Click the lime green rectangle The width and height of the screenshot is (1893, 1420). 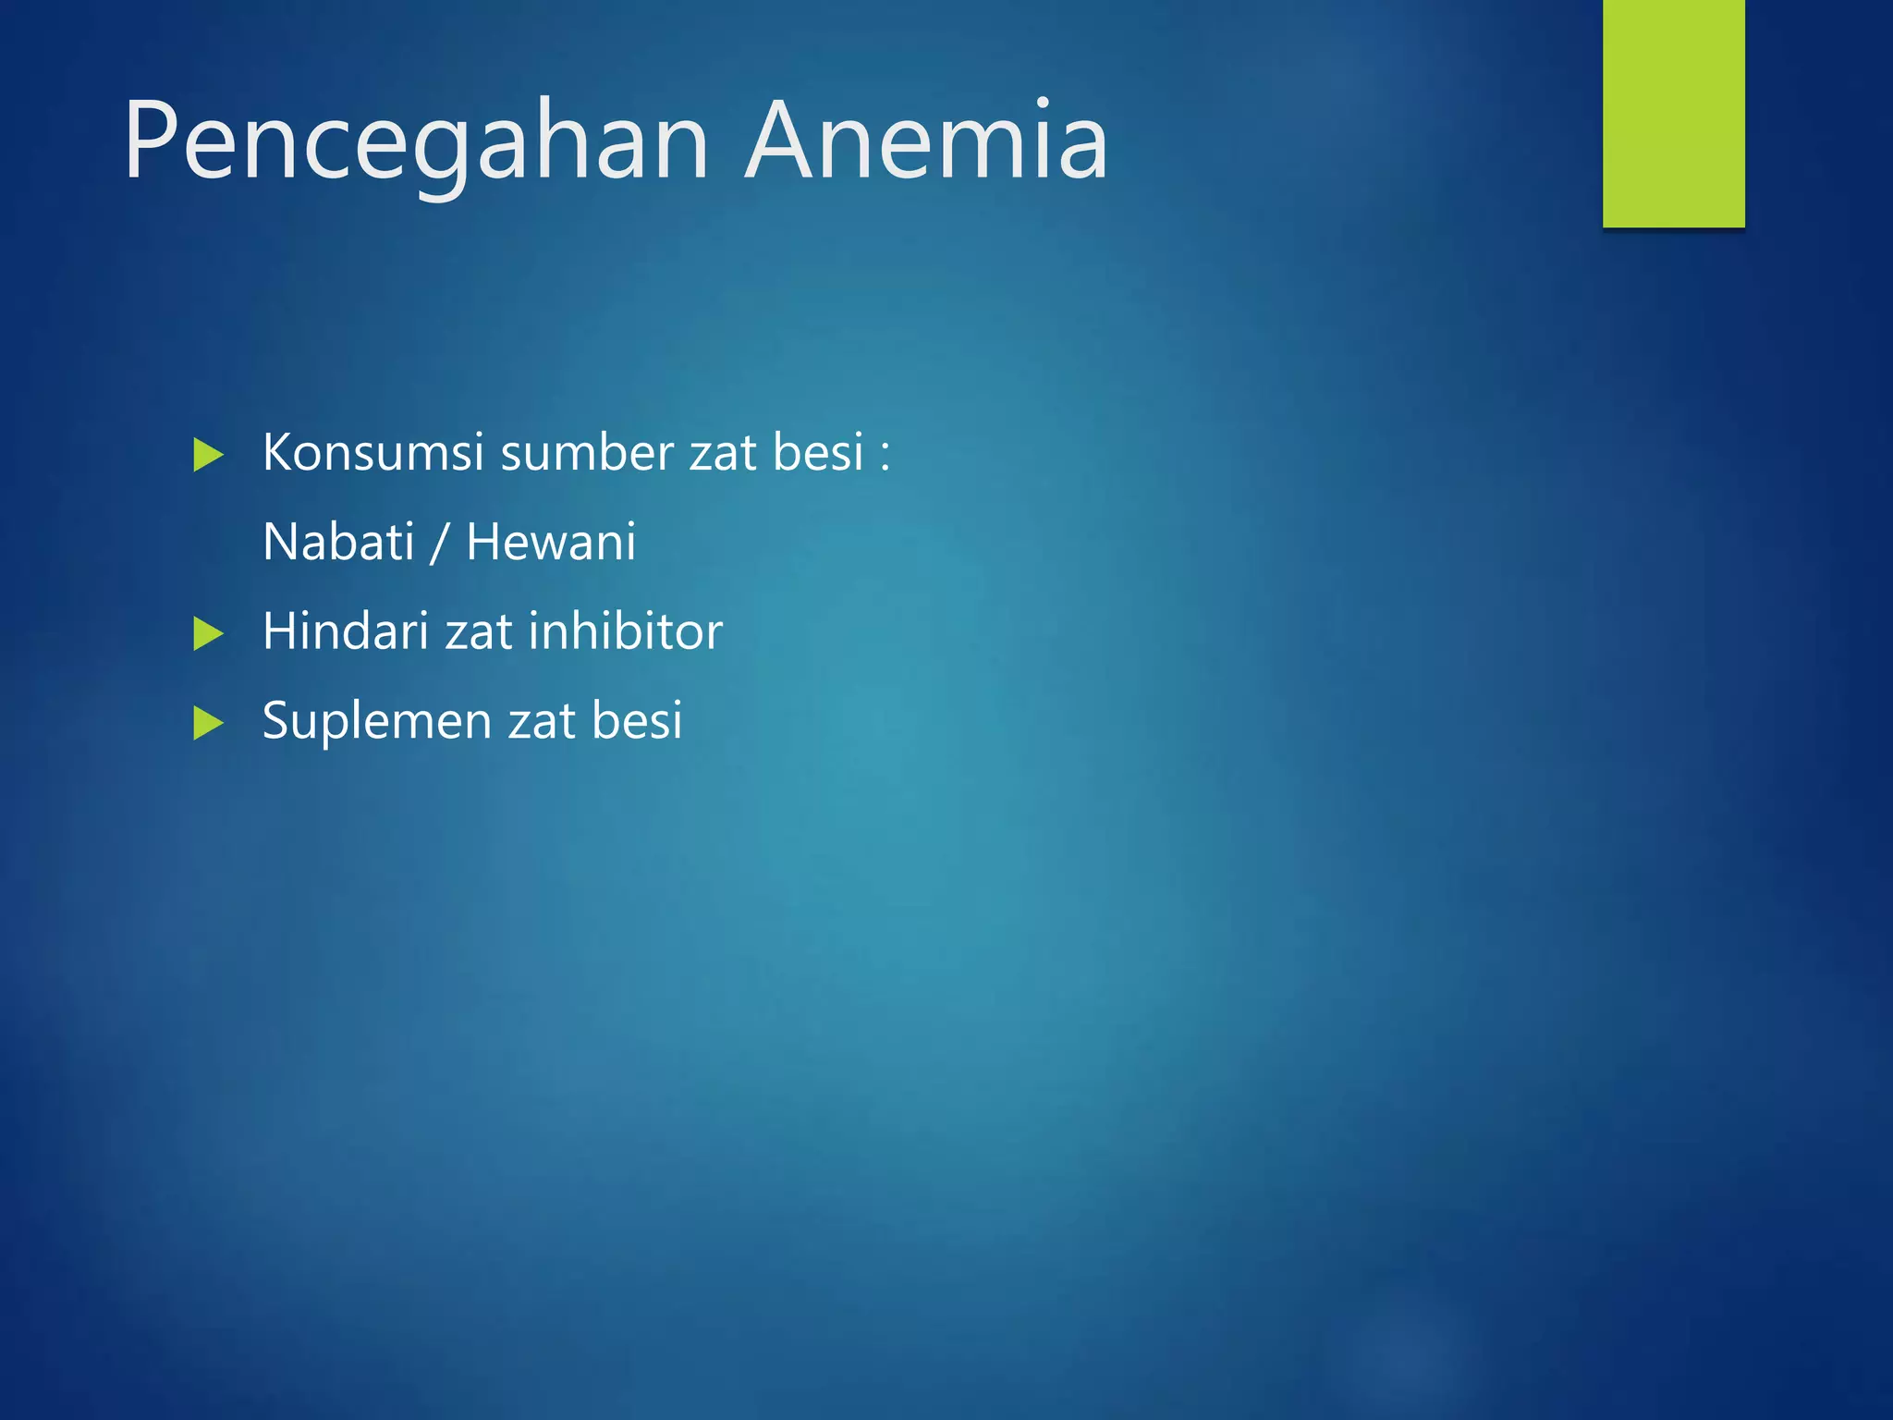coord(1673,113)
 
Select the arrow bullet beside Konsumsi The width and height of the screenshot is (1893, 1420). coord(208,455)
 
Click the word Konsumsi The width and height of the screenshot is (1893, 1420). coord(372,453)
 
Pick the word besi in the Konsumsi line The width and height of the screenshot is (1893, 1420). coord(818,453)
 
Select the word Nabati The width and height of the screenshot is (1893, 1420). coord(338,542)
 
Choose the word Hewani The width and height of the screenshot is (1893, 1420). coord(551,542)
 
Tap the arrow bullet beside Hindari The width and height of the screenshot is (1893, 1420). coord(208,634)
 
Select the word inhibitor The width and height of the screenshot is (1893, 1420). coord(626,631)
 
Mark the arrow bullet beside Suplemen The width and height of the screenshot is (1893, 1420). coord(208,723)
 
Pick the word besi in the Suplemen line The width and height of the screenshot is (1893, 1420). coord(637,720)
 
